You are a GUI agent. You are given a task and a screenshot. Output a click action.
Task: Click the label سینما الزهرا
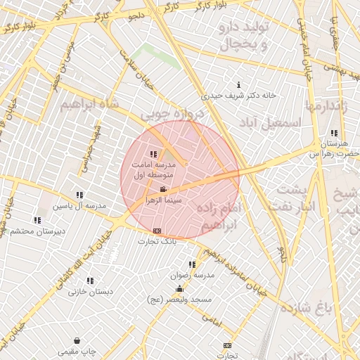pos(164,200)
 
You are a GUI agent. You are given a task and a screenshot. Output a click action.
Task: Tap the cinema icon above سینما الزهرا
pos(163,190)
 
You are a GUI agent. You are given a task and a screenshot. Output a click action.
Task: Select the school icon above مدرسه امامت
pos(153,154)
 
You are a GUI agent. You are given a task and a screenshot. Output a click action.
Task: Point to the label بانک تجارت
pos(159,240)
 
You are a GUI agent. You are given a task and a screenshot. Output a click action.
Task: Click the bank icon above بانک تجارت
pos(156,231)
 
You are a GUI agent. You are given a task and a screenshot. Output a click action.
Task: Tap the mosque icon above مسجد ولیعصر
pos(180,288)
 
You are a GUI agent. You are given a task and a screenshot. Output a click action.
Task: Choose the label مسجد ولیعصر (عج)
pos(181,299)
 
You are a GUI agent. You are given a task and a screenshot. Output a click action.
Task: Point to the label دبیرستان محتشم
pos(38,231)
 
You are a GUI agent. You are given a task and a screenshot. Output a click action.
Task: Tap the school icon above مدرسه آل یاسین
pos(79,195)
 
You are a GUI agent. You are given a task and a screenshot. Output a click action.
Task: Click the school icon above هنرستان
pos(333,133)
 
